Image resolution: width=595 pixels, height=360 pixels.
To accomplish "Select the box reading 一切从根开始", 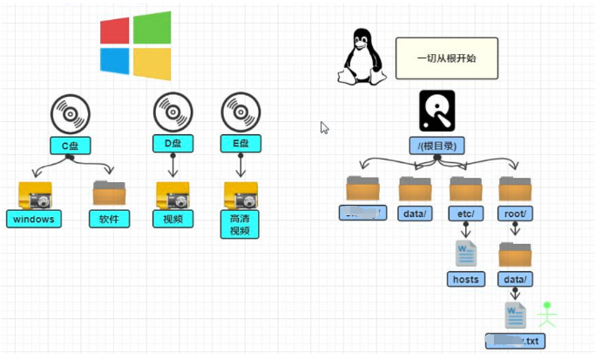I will [446, 58].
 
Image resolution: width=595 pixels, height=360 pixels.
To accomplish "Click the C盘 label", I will [70, 145].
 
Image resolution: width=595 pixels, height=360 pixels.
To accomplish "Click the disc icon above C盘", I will [70, 112].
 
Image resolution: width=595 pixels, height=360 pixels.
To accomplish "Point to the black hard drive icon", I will [436, 111].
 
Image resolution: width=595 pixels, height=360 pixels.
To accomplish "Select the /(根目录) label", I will [436, 146].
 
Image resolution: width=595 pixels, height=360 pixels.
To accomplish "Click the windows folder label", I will [34, 219].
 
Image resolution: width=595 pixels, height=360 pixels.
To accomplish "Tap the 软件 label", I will [109, 219].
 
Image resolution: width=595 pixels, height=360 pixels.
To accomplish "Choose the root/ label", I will [515, 213].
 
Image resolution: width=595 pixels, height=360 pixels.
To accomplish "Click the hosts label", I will [466, 279].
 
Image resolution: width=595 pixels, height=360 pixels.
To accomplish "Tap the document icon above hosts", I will [466, 253].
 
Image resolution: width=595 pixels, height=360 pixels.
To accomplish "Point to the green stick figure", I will [547, 313].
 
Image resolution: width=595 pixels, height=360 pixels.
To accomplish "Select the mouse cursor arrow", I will [324, 127].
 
